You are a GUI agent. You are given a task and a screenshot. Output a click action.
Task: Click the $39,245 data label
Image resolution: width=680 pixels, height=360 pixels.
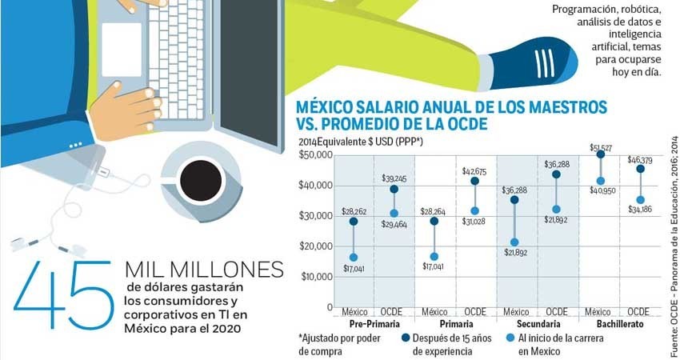coord(394,179)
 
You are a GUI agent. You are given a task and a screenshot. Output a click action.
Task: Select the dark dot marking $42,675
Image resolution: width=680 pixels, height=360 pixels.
coord(474,181)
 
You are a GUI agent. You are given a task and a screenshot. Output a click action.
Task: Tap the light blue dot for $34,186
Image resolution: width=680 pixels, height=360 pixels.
coord(641,200)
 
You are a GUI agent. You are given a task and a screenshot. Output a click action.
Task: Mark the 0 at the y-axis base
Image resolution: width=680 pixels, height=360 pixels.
coord(328,307)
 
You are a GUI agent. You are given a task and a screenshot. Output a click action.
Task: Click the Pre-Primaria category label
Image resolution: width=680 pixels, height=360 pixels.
coord(374,325)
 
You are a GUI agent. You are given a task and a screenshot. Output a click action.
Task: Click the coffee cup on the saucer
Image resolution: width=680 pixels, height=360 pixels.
coord(200,181)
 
